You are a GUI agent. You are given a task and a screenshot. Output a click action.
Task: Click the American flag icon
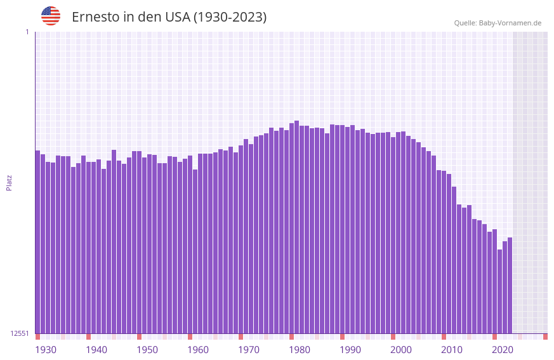(x=51, y=16)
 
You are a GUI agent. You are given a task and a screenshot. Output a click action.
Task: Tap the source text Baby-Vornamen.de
(x=510, y=23)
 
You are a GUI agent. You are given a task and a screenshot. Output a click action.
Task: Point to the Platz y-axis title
(x=9, y=182)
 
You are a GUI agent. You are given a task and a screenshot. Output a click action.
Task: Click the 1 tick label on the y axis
(x=27, y=32)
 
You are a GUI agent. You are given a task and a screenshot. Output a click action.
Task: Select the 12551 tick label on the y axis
(x=20, y=333)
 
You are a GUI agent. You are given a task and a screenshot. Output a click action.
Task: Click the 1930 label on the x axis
(x=46, y=350)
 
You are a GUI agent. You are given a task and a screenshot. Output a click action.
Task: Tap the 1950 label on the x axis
(x=147, y=350)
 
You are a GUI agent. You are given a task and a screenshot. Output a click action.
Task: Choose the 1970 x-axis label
(x=249, y=350)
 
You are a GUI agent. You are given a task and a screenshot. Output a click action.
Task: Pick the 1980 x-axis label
(x=300, y=350)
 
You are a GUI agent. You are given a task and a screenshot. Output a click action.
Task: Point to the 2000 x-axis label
(x=401, y=350)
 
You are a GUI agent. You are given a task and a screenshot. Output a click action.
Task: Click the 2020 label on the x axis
(x=503, y=350)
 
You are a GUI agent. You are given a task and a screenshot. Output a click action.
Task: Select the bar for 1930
(x=37, y=241)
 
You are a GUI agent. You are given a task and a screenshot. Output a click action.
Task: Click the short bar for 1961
(x=195, y=251)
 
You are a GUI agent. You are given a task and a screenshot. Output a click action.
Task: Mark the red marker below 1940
(x=88, y=337)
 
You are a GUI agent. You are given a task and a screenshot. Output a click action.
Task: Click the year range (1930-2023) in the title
(x=230, y=17)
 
